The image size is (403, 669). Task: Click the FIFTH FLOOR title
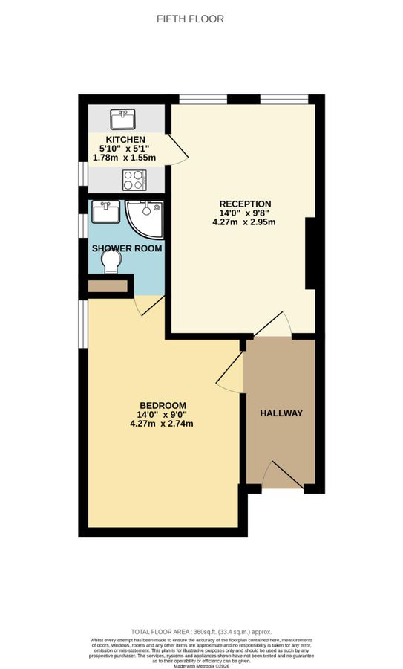coord(190,19)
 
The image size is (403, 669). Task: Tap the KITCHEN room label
coord(125,140)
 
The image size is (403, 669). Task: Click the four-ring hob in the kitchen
coord(134,179)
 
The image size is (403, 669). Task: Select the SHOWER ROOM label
coord(127,248)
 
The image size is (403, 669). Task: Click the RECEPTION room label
coord(245,204)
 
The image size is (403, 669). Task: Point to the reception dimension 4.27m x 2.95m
coord(245,222)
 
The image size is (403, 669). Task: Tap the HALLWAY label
coord(281,413)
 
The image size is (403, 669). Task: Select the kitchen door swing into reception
coord(177,147)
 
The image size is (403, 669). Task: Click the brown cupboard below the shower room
coord(109,285)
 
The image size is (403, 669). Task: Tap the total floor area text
coord(201,630)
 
